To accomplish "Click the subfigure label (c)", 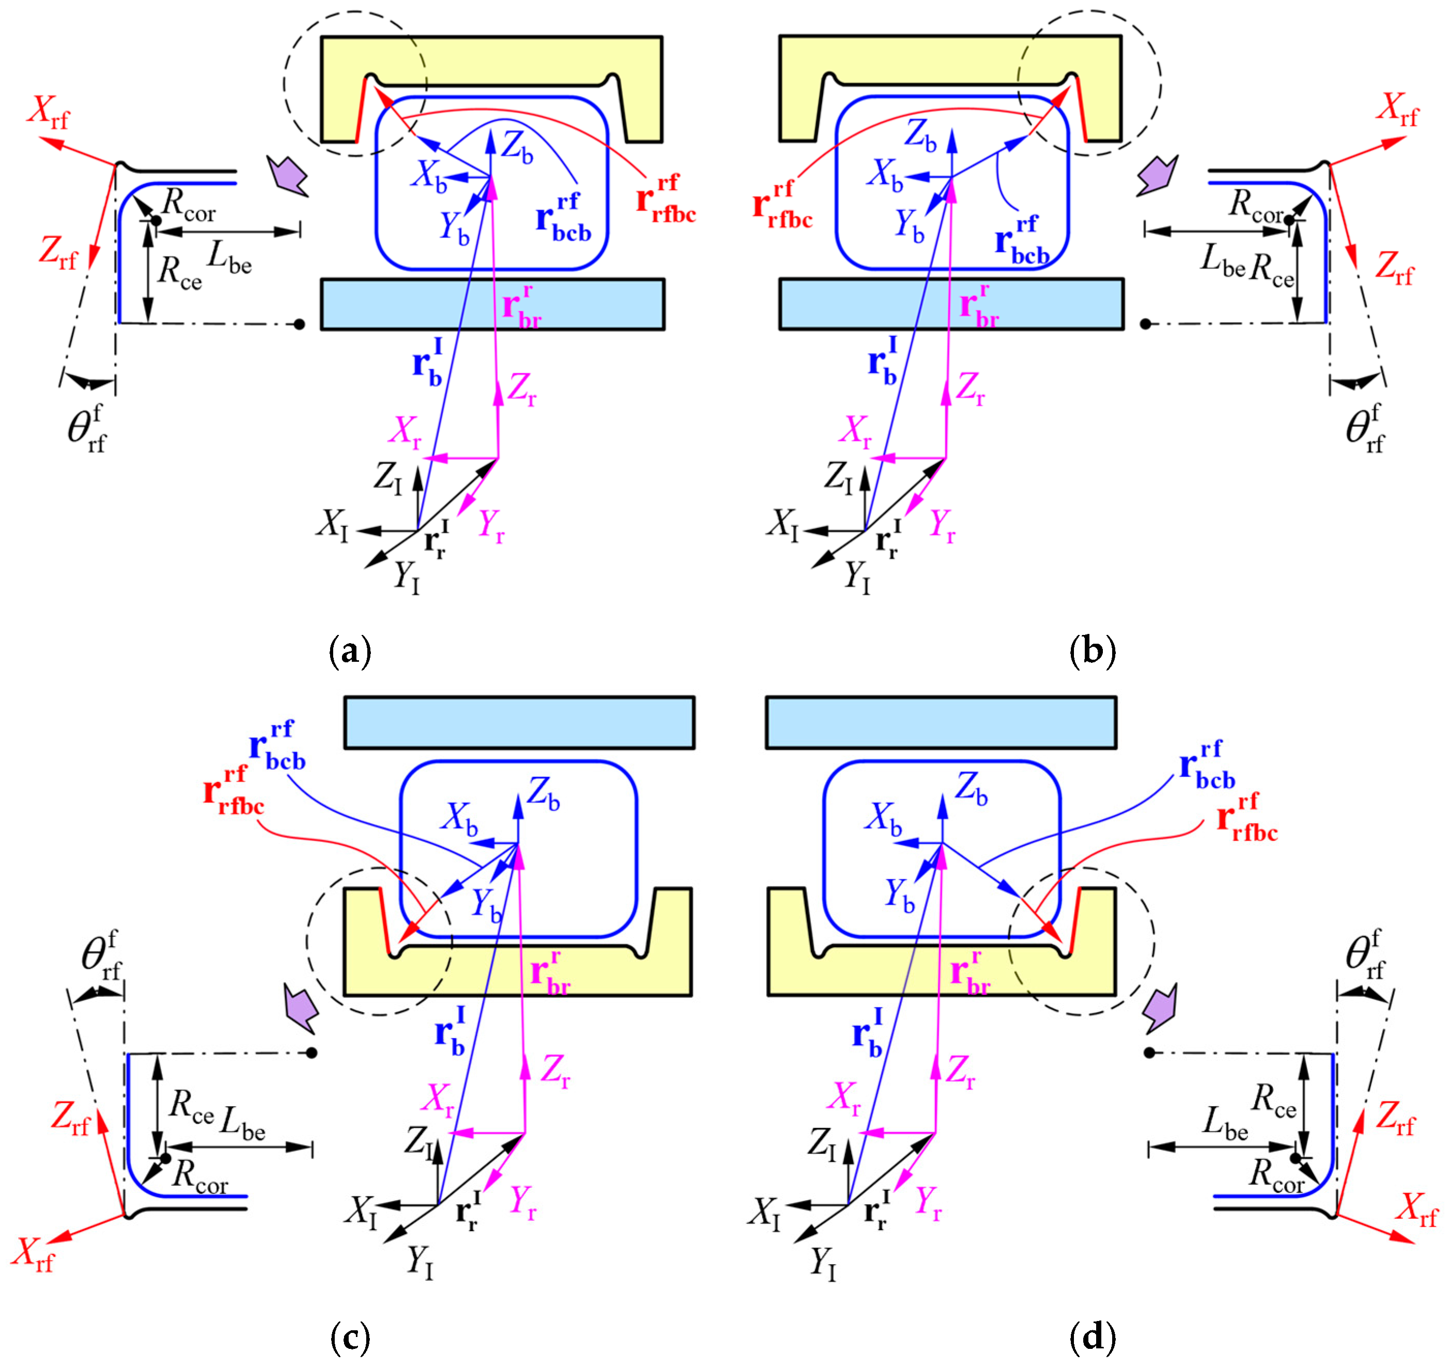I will (350, 1338).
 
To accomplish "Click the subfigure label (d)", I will (1092, 1338).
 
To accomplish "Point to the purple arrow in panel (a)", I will (287, 175).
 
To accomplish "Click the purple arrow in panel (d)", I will (1159, 1009).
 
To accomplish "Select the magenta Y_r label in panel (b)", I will (942, 526).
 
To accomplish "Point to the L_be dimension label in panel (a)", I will (230, 257).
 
